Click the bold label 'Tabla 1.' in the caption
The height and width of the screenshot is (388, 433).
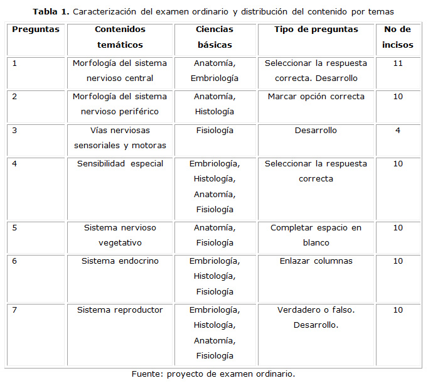click(50, 12)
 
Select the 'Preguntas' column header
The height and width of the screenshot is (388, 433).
click(36, 30)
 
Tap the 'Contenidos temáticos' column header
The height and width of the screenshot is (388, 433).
click(120, 37)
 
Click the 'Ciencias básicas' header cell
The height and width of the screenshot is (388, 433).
click(215, 37)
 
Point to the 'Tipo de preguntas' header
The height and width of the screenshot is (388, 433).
click(316, 30)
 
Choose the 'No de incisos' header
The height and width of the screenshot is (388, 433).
click(397, 37)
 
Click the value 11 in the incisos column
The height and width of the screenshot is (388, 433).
click(397, 63)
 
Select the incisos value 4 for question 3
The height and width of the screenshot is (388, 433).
click(397, 131)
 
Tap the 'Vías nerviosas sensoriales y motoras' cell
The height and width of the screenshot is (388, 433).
click(120, 138)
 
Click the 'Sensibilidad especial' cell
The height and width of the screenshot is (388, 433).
click(120, 164)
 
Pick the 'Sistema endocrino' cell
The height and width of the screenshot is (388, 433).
click(120, 261)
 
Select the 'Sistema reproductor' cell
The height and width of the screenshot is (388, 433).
click(120, 310)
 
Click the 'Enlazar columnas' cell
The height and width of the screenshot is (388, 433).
click(316, 261)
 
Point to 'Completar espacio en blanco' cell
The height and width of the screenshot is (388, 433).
click(316, 235)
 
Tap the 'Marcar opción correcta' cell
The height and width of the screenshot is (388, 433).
click(316, 97)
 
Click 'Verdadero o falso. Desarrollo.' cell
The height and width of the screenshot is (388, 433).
click(316, 318)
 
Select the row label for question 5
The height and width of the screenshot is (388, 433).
click(14, 228)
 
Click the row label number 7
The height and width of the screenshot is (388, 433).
click(14, 310)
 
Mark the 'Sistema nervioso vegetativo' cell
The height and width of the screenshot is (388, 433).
click(120, 235)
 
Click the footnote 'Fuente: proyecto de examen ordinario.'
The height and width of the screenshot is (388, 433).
click(213, 374)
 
